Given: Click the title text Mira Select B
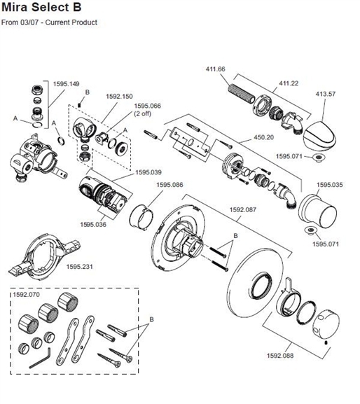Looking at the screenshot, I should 43,9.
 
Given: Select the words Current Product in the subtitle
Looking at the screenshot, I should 73,23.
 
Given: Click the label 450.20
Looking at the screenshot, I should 261,138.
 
